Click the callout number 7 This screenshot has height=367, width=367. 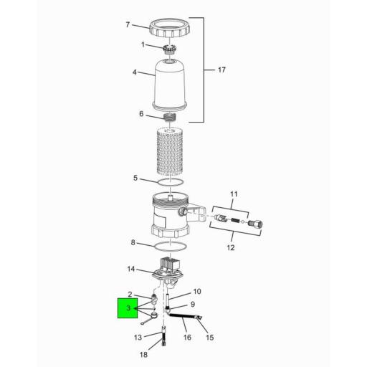tap(128, 25)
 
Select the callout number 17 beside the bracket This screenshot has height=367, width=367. tap(221, 70)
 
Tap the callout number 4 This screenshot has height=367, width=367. tap(134, 72)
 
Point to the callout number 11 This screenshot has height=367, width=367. tap(233, 194)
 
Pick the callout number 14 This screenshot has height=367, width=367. tap(131, 270)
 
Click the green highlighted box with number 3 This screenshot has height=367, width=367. tap(128, 308)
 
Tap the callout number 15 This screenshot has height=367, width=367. tap(210, 338)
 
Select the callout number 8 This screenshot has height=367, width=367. tap(133, 242)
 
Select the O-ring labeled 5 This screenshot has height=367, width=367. tap(170, 183)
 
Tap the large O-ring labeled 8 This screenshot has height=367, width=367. tap(170, 248)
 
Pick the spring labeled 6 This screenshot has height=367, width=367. tap(171, 117)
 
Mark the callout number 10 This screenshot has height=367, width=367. tap(197, 291)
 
